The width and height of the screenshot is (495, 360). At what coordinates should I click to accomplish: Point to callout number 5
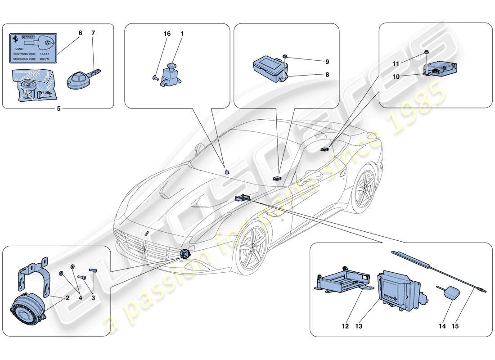click(x=59, y=108)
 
